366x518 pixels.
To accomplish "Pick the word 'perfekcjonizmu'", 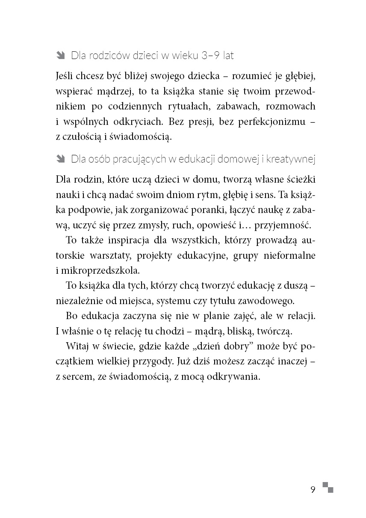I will (x=267, y=121).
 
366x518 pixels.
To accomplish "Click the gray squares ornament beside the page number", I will (x=328, y=487).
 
